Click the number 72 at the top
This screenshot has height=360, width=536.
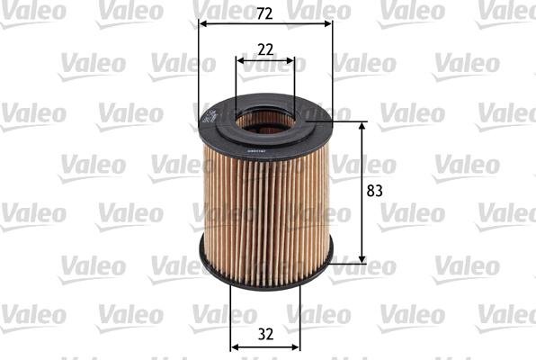[x=264, y=13]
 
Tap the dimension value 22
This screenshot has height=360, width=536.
[x=264, y=50]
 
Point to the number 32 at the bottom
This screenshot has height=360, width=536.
[x=265, y=333]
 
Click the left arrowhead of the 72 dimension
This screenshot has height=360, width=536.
[x=201, y=23]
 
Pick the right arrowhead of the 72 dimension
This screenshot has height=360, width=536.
[x=328, y=23]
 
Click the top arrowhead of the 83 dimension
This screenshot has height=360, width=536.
[x=362, y=127]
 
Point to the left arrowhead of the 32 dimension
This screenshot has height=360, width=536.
[x=234, y=346]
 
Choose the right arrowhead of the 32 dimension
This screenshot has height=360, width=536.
[x=296, y=346]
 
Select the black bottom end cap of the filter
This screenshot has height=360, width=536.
[x=264, y=270]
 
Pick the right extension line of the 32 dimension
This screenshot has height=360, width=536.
[x=300, y=315]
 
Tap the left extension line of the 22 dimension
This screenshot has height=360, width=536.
[x=237, y=85]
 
